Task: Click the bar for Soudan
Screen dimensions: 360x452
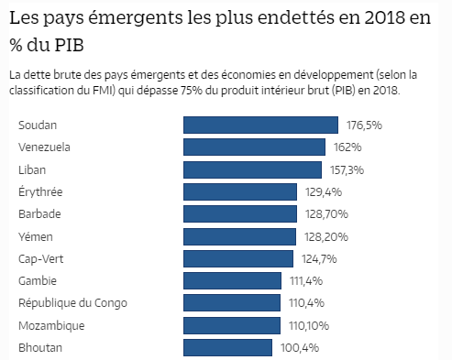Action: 263,125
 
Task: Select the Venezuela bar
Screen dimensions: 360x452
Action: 255,147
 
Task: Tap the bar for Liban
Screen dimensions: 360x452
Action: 253,169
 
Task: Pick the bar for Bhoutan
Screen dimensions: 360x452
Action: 228,348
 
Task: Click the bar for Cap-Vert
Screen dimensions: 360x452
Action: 238,258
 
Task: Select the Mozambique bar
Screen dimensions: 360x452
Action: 232,325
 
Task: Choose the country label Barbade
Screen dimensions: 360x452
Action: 40,213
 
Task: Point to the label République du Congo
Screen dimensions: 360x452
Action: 72,303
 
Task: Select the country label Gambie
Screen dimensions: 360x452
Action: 39,280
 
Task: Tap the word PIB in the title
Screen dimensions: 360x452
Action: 77,44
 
